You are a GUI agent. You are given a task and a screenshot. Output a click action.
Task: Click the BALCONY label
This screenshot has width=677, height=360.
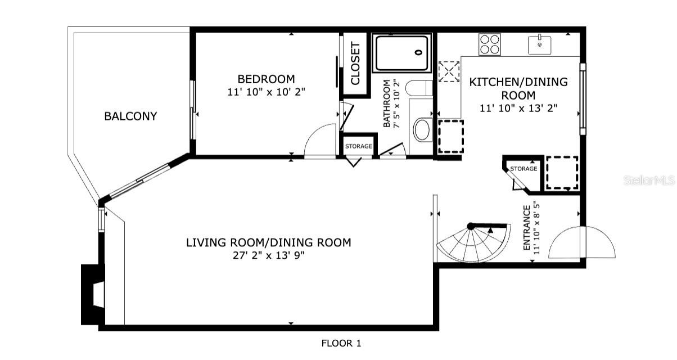130,116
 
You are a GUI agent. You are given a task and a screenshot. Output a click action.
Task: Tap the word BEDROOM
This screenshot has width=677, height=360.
267,79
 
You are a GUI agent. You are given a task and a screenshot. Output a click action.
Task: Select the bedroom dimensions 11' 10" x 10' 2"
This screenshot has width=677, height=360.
267,92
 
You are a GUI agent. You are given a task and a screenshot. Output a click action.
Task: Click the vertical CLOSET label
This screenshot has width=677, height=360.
355,64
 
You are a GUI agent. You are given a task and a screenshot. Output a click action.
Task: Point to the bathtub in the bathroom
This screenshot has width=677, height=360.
402,53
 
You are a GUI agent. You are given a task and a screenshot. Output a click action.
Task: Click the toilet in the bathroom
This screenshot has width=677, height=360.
419,88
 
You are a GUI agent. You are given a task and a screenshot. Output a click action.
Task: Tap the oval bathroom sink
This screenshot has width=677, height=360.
422,130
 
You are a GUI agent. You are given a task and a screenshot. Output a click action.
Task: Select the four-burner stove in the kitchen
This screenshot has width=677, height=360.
490,44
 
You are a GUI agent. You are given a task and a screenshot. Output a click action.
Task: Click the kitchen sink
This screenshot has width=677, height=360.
539,45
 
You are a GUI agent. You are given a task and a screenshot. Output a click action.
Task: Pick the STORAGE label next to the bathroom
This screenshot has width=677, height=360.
358,146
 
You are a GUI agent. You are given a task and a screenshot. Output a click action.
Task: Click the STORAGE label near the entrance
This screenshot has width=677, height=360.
523,169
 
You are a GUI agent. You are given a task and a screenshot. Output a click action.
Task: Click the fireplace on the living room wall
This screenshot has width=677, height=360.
93,295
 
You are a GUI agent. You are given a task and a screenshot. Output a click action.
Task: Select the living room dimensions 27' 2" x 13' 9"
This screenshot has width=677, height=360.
268,256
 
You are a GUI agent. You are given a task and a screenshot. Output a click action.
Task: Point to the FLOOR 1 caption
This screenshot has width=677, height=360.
341,343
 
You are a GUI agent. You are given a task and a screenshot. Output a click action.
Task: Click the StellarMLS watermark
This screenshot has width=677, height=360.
649,181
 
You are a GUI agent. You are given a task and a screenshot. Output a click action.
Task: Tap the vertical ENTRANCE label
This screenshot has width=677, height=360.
527,228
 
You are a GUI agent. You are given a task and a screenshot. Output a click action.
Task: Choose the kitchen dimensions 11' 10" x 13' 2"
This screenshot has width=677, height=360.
518,108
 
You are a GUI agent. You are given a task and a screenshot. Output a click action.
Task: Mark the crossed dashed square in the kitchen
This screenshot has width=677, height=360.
449,71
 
